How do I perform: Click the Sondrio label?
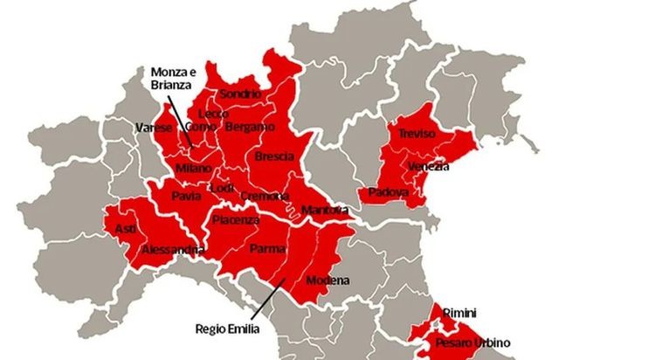[x=240, y=93]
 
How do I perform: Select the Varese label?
[x=154, y=128]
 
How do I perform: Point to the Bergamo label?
[x=244, y=128]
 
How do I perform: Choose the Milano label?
[x=193, y=167]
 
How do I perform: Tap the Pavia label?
[x=186, y=196]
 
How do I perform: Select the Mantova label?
[x=324, y=211]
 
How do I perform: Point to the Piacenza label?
[x=236, y=219]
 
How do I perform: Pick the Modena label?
[x=327, y=280]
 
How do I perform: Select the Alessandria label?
[x=173, y=251]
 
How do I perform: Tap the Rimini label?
[x=459, y=312]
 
